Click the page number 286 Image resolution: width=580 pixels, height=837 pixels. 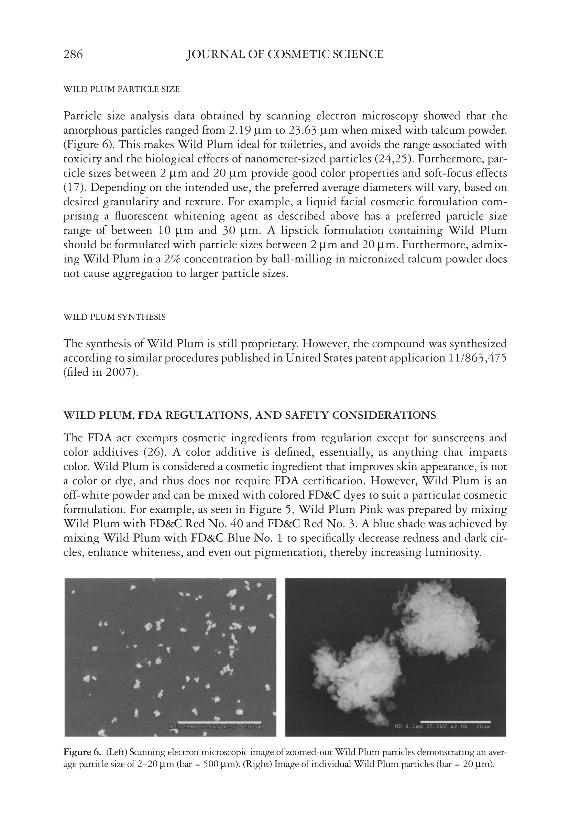pos(73,55)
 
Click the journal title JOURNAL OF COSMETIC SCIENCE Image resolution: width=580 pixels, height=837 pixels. pos(285,55)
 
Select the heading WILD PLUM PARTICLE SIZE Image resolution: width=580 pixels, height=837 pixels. pos(121,89)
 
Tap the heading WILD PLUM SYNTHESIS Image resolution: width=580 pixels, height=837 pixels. pos(114,317)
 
